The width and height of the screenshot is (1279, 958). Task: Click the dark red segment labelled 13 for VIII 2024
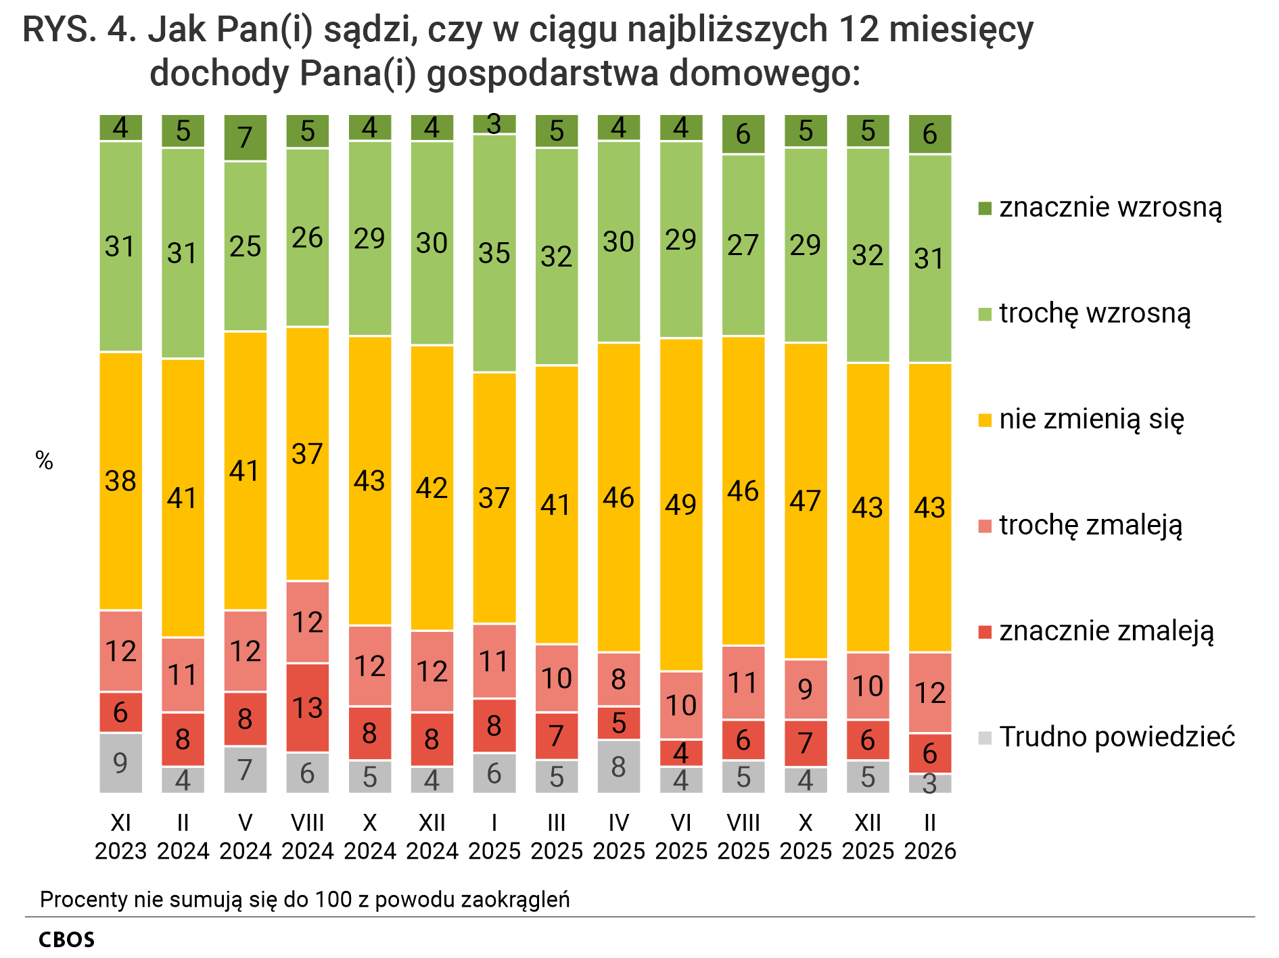tap(307, 707)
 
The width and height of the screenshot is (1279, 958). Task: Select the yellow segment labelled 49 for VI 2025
tap(680, 504)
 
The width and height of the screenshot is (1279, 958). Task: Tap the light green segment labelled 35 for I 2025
tap(494, 253)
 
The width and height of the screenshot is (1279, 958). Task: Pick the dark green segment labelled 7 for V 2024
tap(245, 137)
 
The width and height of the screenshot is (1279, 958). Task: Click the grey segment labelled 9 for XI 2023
tap(120, 762)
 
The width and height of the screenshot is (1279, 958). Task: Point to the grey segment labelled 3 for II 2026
tap(929, 783)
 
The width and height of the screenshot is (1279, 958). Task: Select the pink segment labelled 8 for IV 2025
tap(618, 679)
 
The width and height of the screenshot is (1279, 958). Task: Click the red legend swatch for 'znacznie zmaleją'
tap(985, 632)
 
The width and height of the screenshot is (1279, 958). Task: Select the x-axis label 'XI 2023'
tap(120, 836)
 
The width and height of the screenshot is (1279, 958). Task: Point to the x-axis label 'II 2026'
tap(929, 836)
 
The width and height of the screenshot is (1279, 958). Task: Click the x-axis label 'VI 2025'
tap(680, 836)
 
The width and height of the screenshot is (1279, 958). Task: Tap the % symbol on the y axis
tap(44, 461)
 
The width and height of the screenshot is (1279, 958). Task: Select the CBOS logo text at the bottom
tap(66, 940)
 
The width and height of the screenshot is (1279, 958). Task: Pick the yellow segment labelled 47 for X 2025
tap(805, 501)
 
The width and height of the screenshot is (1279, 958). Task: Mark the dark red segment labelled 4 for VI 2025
tap(680, 752)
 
